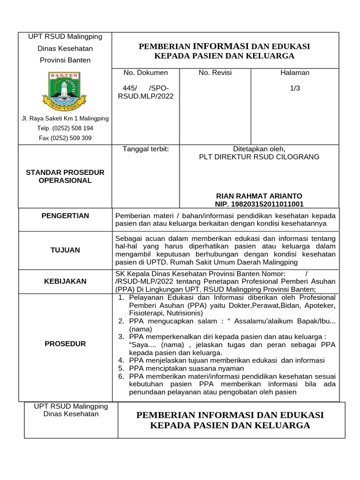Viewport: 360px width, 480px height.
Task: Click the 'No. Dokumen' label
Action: pyautogui.click(x=145, y=73)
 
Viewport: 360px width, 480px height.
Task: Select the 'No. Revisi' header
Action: pyautogui.click(x=215, y=73)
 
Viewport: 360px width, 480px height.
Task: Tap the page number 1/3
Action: pyautogui.click(x=295, y=88)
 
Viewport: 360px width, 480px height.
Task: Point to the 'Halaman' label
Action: pyautogui.click(x=295, y=73)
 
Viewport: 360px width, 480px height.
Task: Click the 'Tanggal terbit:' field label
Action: pyautogui.click(x=145, y=149)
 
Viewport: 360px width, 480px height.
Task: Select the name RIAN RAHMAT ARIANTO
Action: pyautogui.click(x=259, y=195)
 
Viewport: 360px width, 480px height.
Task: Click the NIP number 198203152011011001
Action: pyautogui.click(x=259, y=204)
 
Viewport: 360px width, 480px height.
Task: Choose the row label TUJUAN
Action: pyautogui.click(x=65, y=250)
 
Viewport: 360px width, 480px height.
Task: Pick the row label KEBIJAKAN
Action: pyautogui.click(x=65, y=281)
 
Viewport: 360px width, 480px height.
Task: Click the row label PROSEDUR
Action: pyautogui.click(x=65, y=344)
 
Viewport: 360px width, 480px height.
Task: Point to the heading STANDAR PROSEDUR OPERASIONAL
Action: pyautogui.click(x=65, y=176)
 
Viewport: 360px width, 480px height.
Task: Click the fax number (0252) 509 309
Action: pyautogui.click(x=65, y=138)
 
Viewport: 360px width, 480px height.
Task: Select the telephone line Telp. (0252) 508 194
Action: pyautogui.click(x=65, y=128)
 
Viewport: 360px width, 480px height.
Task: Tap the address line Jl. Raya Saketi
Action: pyautogui.click(x=65, y=119)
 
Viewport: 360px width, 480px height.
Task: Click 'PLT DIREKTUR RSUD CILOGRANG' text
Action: pyautogui.click(x=259, y=157)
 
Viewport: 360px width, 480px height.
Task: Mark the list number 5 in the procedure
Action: pyautogui.click(x=121, y=368)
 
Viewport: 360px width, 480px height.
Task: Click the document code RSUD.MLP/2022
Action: pyautogui.click(x=145, y=96)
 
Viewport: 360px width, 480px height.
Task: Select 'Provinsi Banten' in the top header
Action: pyautogui.click(x=65, y=60)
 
